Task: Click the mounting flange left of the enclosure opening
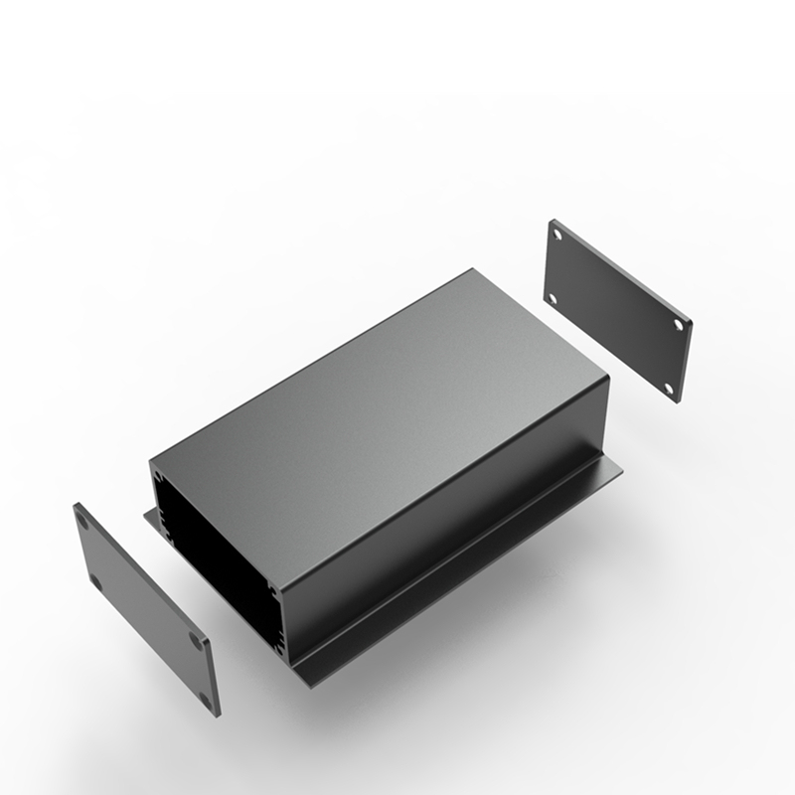(x=150, y=516)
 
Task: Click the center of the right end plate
(x=619, y=309)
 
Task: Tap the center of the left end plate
(x=147, y=606)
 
